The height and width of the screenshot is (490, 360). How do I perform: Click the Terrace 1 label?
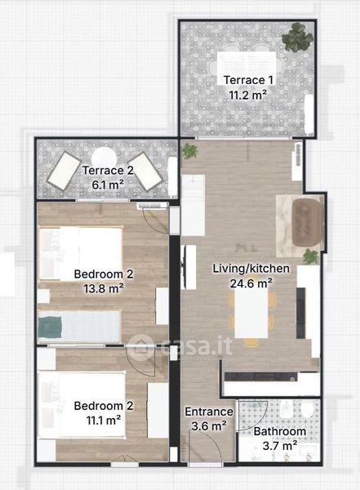(248, 80)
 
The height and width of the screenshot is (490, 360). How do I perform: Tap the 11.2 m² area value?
(248, 95)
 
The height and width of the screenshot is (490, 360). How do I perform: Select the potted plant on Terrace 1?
(297, 38)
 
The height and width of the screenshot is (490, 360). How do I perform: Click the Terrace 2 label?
(108, 171)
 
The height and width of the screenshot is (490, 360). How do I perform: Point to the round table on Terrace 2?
(104, 158)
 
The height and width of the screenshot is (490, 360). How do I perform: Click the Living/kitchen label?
(251, 269)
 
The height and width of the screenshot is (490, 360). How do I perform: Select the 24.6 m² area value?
(251, 283)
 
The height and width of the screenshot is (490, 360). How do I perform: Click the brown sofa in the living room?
(307, 222)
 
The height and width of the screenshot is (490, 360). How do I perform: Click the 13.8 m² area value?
(104, 288)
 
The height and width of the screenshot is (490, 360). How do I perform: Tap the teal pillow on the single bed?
(50, 327)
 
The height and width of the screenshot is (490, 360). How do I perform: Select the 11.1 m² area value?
(104, 421)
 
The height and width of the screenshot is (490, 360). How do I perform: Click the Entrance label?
(209, 412)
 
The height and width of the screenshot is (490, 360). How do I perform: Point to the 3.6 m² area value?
(209, 425)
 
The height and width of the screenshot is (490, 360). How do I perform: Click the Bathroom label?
(280, 431)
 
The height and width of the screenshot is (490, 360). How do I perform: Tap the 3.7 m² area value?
(280, 446)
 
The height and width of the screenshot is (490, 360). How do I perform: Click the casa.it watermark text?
(197, 346)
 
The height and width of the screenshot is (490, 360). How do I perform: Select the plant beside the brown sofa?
(311, 257)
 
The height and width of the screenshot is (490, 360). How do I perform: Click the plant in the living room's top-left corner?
(190, 151)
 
